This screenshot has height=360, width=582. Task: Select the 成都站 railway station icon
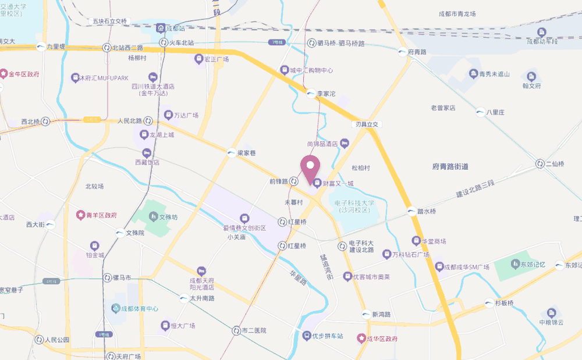coord(160,28)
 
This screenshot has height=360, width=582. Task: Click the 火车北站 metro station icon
coord(164,43)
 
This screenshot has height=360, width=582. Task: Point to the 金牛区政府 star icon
coord(4,74)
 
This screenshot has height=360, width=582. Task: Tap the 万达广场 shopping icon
coord(168,115)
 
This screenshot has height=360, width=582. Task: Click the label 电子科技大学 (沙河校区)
coord(354,206)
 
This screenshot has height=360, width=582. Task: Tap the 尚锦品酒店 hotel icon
coord(345,142)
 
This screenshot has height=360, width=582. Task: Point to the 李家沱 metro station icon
coord(311,92)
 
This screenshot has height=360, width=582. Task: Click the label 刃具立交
coord(367,124)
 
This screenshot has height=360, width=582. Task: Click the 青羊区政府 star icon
coord(80,215)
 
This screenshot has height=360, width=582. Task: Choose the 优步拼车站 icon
coord(306,336)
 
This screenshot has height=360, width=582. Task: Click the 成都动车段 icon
coord(542,32)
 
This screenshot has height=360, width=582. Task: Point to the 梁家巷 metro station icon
coord(232,152)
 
